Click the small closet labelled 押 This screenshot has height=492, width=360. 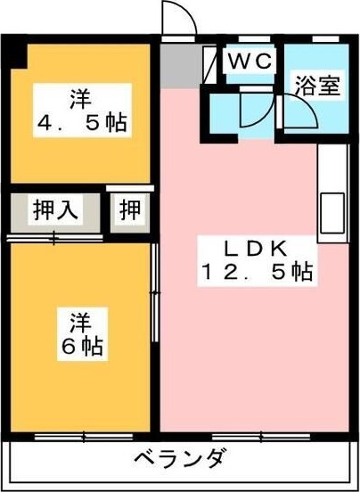click(x=130, y=211)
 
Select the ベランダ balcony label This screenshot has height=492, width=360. click(x=181, y=461)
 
